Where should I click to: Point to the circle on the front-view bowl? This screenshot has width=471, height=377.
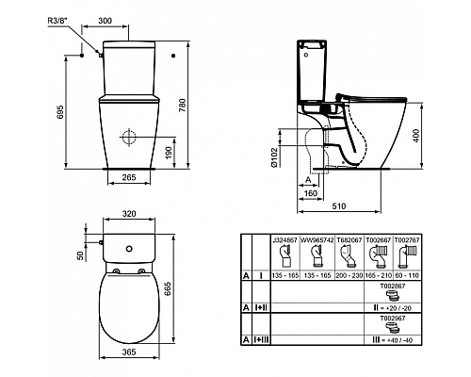[x=127, y=135]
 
